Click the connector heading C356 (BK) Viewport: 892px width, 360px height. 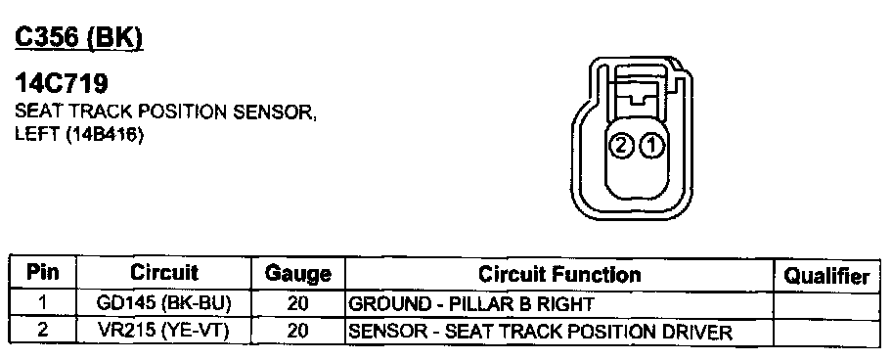pyautogui.click(x=79, y=37)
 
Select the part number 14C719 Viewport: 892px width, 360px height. pyautogui.click(x=62, y=84)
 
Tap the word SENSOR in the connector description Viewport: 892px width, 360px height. pyautogui.click(x=275, y=112)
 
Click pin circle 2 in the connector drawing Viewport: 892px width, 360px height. pyautogui.click(x=621, y=147)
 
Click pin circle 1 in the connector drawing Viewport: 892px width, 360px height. pyautogui.click(x=651, y=147)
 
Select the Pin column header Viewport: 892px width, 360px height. pyautogui.click(x=43, y=273)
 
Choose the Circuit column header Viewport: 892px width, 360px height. pyautogui.click(x=164, y=273)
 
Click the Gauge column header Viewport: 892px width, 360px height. pyautogui.click(x=298, y=274)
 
